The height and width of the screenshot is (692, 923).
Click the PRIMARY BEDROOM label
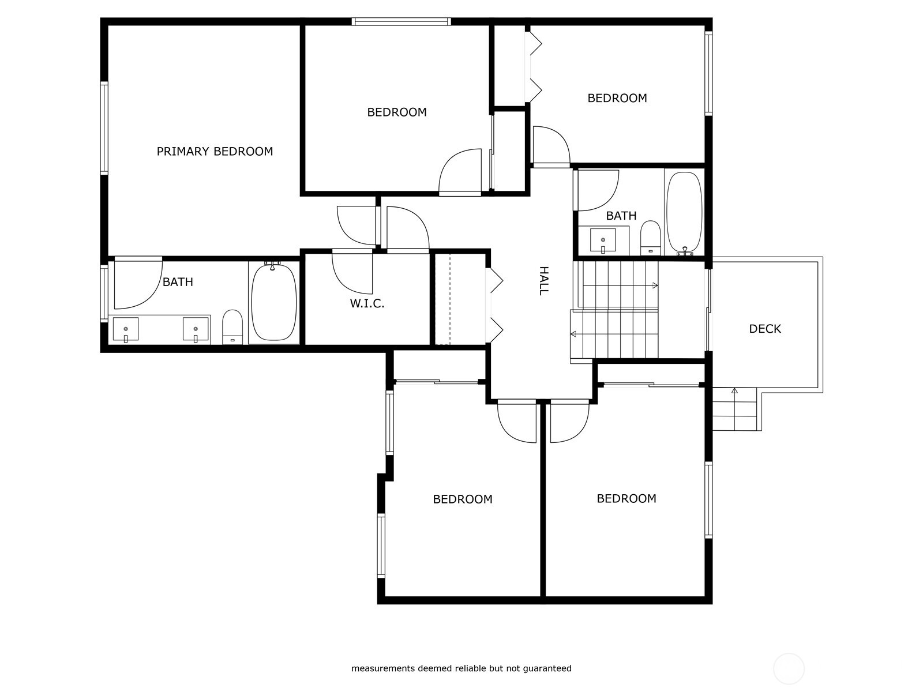pyautogui.click(x=215, y=151)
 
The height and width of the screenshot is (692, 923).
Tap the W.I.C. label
pyautogui.click(x=367, y=303)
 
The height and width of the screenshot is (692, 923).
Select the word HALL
pyautogui.click(x=543, y=281)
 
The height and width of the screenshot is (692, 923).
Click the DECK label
pyautogui.click(x=765, y=329)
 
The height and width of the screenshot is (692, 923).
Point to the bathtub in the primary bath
pyautogui.click(x=273, y=303)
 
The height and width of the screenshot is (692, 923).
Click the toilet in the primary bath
pyautogui.click(x=232, y=326)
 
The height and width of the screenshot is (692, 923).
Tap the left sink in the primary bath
pyautogui.click(x=125, y=329)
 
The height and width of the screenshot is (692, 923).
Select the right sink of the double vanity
pyautogui.click(x=196, y=329)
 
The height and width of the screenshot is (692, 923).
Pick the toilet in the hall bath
pyautogui.click(x=650, y=237)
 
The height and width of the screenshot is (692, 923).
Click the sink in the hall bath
pyautogui.click(x=603, y=240)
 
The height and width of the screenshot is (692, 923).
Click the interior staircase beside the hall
pyautogui.click(x=617, y=311)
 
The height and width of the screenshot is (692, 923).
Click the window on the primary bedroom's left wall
pyautogui.click(x=104, y=127)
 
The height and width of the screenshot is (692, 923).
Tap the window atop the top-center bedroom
pyautogui.click(x=402, y=22)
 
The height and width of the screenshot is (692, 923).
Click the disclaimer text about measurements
pyautogui.click(x=461, y=668)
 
